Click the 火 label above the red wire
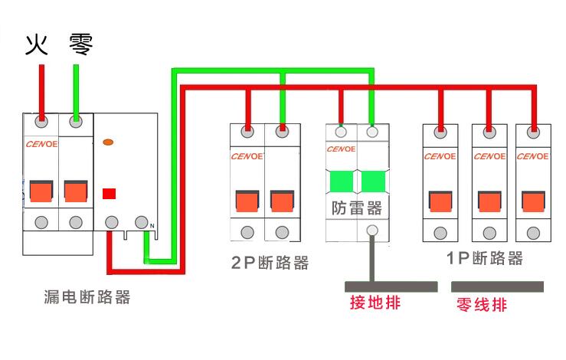click(37, 44)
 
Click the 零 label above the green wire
click(81, 44)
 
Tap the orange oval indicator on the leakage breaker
click(108, 142)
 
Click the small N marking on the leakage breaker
click(152, 226)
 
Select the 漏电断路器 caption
click(87, 297)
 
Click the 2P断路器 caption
click(270, 263)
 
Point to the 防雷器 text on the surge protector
click(357, 208)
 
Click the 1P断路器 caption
click(484, 258)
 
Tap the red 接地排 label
click(375, 303)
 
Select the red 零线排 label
click(482, 304)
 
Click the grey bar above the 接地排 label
click(391, 286)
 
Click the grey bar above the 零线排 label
click(497, 286)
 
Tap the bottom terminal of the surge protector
click(372, 230)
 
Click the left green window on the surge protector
click(342, 182)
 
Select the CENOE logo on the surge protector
click(341, 149)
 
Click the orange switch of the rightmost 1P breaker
click(533, 202)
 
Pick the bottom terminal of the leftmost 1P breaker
click(440, 233)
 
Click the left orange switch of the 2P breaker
click(247, 201)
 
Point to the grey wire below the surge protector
click(372, 259)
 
